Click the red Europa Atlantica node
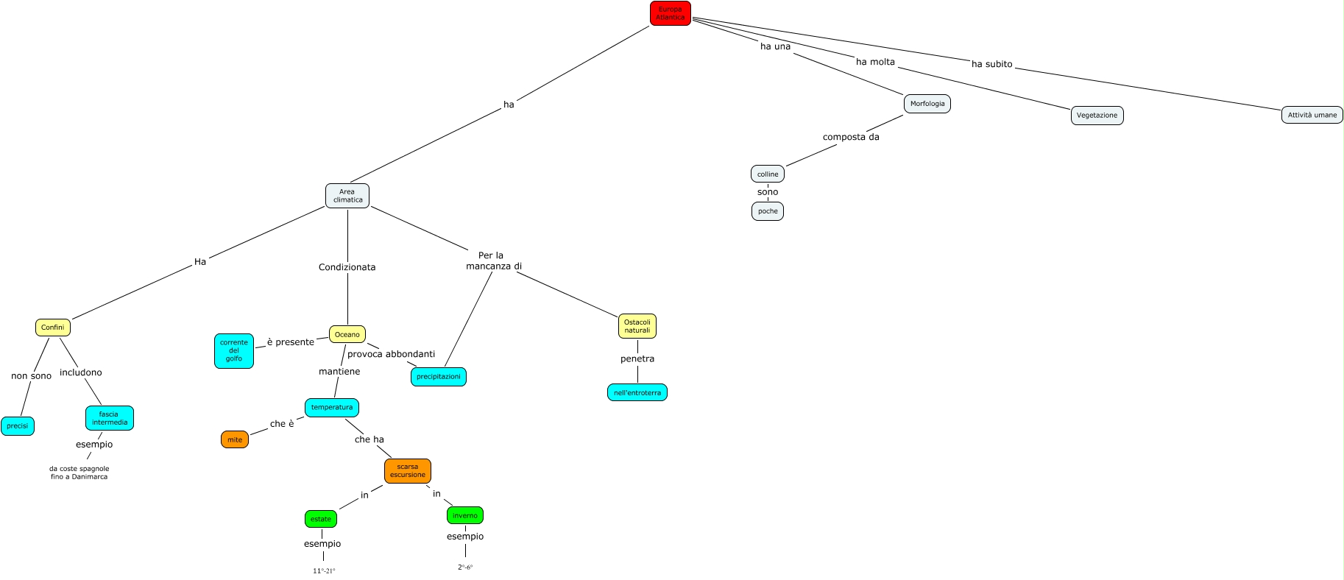670,13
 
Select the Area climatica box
347,196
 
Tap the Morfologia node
927,104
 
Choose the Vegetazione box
1097,116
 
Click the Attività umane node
1312,115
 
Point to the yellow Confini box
52,328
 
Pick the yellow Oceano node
347,335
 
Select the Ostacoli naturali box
637,326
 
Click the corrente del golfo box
234,351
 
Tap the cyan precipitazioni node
439,377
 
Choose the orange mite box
235,440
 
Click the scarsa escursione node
408,471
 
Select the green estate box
321,519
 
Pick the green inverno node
465,515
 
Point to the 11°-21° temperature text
324,570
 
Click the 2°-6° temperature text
465,567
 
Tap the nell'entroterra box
637,393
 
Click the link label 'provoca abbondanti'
391,354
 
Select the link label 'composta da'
851,137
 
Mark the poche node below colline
768,211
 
